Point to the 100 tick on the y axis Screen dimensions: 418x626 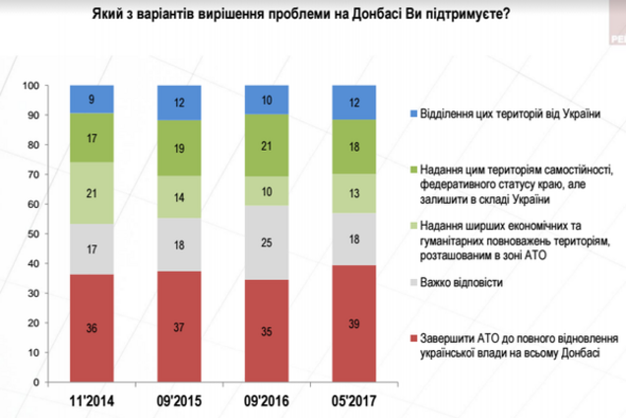(31, 87)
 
